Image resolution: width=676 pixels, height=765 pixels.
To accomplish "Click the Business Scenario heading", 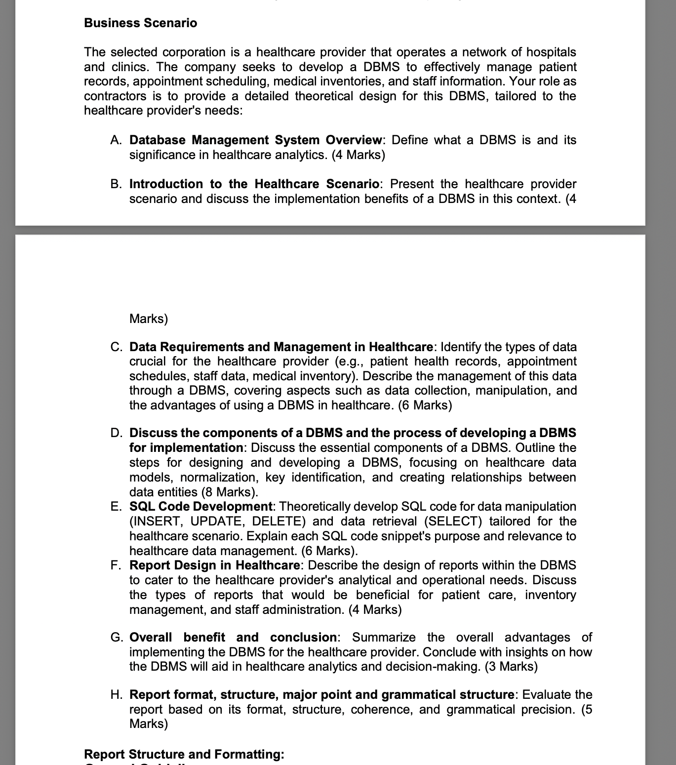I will (140, 23).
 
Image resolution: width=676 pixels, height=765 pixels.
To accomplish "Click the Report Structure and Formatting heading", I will (184, 754).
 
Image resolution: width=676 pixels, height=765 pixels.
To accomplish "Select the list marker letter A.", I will (116, 140).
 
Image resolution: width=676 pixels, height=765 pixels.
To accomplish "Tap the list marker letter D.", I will (116, 433).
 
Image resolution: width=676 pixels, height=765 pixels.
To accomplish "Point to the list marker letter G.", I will (117, 638).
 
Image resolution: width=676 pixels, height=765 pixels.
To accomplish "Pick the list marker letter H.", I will (116, 695).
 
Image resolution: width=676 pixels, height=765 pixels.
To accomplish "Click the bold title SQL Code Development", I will (200, 507).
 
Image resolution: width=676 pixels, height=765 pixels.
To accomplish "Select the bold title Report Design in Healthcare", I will (214, 565).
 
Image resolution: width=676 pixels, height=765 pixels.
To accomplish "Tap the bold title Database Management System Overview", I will (255, 140).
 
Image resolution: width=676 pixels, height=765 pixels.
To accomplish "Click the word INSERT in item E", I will (156, 522).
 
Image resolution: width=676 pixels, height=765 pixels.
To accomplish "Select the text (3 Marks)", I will (511, 667).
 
